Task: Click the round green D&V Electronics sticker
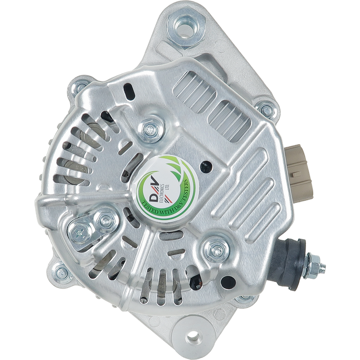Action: (x=166, y=187)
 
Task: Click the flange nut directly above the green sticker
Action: (x=151, y=130)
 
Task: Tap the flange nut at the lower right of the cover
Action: (x=216, y=249)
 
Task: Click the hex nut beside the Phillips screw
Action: (x=105, y=220)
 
